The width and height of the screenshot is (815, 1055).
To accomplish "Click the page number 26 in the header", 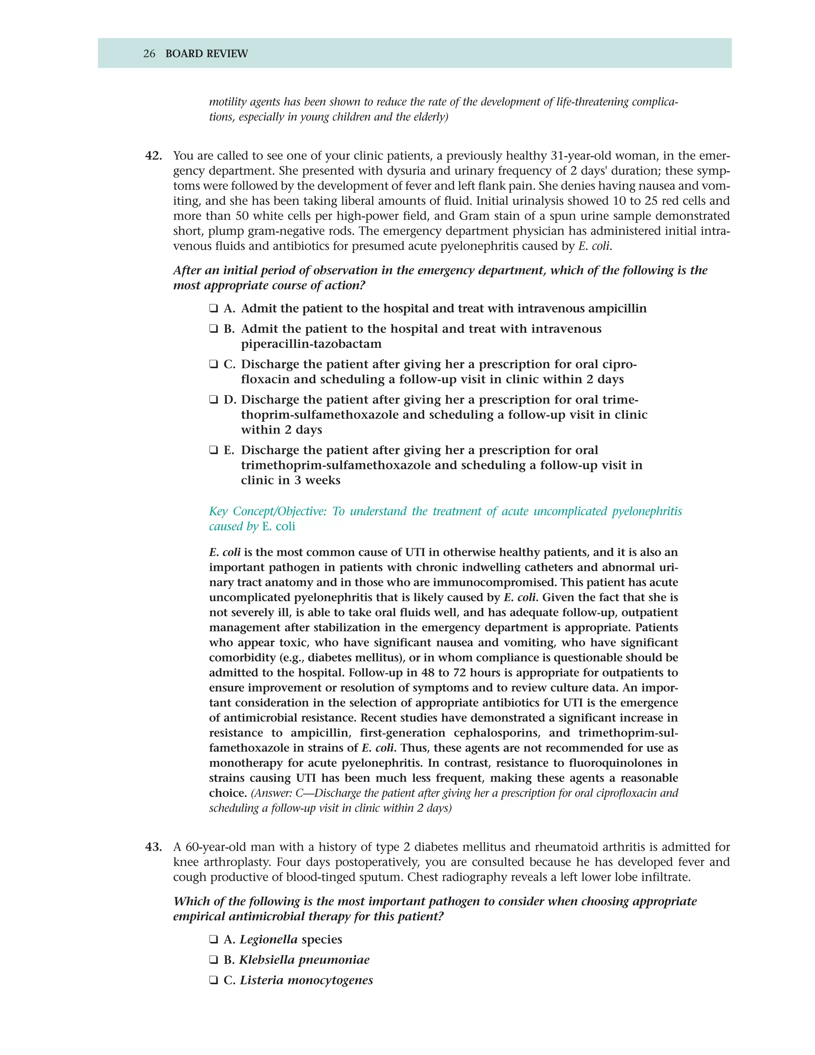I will click(149, 54).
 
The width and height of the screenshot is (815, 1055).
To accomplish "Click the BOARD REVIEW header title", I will click(206, 54).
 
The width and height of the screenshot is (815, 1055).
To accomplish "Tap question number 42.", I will click(154, 156).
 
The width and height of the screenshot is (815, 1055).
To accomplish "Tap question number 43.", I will click(154, 847).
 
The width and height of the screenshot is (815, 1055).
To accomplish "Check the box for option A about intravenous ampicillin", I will click(213, 308).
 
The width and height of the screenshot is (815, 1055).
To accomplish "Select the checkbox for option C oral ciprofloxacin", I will click(213, 364).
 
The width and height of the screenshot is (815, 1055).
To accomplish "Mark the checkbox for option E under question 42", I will click(213, 450).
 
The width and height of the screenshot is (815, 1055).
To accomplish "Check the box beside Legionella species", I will click(213, 940).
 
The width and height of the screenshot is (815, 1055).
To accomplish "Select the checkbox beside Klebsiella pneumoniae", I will click(213, 960).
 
